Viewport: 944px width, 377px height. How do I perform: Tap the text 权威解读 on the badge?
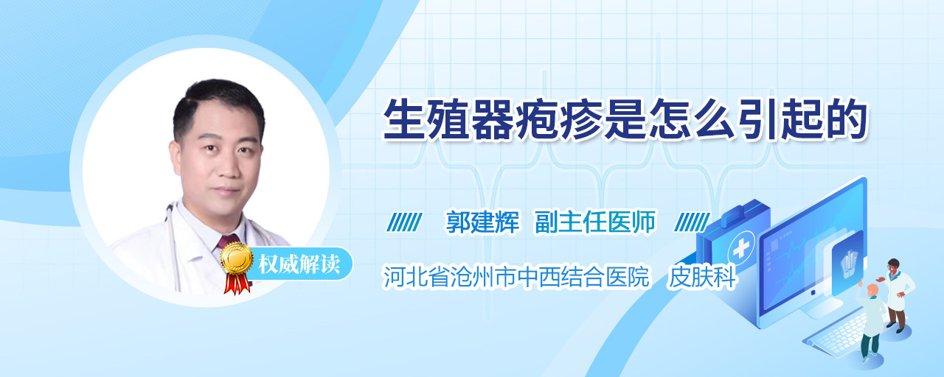pyautogui.click(x=299, y=264)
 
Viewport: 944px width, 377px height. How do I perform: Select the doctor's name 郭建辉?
pyautogui.click(x=482, y=222)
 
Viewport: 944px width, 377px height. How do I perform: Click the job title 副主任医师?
pyautogui.click(x=595, y=222)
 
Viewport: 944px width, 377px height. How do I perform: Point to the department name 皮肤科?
pyautogui.click(x=702, y=277)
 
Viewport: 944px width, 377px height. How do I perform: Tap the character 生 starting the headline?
pyautogui.click(x=405, y=119)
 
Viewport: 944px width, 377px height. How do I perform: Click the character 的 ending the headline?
pyautogui.click(x=846, y=119)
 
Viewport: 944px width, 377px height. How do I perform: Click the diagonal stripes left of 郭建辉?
pyautogui.click(x=404, y=222)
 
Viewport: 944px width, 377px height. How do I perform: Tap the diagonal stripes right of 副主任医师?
pyautogui.click(x=693, y=222)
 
